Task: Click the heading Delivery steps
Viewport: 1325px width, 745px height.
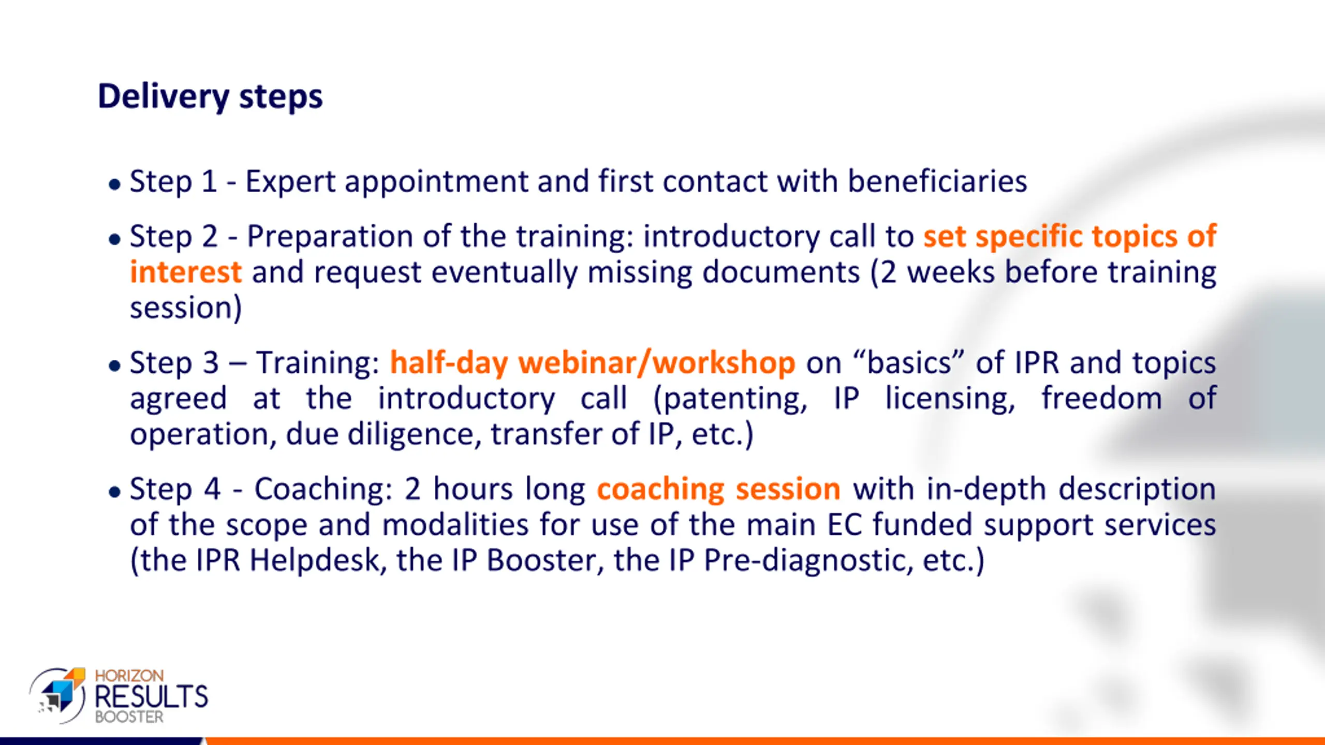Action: click(210, 97)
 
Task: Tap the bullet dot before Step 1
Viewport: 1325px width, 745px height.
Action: click(114, 184)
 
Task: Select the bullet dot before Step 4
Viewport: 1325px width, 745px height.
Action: click(114, 491)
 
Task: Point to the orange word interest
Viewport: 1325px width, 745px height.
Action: click(186, 272)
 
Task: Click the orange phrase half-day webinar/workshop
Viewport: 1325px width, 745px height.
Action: click(592, 362)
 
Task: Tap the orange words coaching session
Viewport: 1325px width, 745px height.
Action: click(718, 489)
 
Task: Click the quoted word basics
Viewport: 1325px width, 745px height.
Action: click(909, 362)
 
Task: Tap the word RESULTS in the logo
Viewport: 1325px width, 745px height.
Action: click(151, 697)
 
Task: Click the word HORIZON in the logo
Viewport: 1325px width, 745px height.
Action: click(129, 676)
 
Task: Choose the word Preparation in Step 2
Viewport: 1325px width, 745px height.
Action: click(330, 237)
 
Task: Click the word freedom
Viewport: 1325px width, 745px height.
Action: click(1102, 398)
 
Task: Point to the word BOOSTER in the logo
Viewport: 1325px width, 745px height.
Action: click(129, 717)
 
